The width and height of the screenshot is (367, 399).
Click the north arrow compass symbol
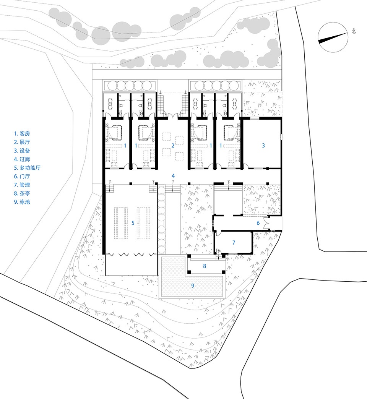coord(333,37)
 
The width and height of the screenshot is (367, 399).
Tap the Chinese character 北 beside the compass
coord(354,31)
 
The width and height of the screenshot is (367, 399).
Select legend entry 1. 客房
coord(22,134)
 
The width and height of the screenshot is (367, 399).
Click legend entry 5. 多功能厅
coord(27,168)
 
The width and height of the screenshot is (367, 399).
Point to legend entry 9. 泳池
coord(22,202)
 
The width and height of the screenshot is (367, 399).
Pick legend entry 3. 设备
coord(22,151)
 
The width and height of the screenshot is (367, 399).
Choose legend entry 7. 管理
coord(22,185)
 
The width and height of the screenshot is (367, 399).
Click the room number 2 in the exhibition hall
coord(173,146)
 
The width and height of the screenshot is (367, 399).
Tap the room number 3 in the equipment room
coord(263,146)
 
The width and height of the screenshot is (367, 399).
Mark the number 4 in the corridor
coord(173,175)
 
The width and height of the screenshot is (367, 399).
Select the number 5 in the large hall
coord(133,223)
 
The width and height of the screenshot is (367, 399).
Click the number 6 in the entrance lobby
coord(258,223)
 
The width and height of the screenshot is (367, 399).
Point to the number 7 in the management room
coord(234,243)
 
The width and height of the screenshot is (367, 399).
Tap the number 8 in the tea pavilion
coord(205,266)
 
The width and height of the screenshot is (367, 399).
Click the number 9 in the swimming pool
coord(193,285)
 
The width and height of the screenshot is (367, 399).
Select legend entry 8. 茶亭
coord(22,193)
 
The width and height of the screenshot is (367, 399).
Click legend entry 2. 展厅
coord(22,142)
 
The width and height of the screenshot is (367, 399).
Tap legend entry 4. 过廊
coord(22,159)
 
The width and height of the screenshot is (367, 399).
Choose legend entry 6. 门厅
coord(22,176)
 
